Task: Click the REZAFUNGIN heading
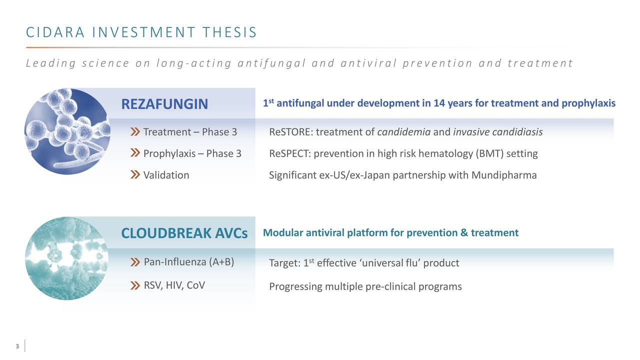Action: pos(164,104)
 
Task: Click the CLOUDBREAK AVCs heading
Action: pos(184,233)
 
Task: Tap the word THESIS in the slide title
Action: pos(229,32)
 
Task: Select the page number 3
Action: pos(17,346)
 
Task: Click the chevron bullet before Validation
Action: pos(135,175)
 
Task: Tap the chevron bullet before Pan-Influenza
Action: pos(135,262)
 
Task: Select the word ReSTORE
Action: pos(290,132)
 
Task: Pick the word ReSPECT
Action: pos(289,153)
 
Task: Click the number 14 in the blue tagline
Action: pos(439,103)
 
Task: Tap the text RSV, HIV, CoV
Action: pos(174,285)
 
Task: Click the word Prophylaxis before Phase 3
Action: pos(169,153)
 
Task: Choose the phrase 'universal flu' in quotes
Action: pos(389,263)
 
